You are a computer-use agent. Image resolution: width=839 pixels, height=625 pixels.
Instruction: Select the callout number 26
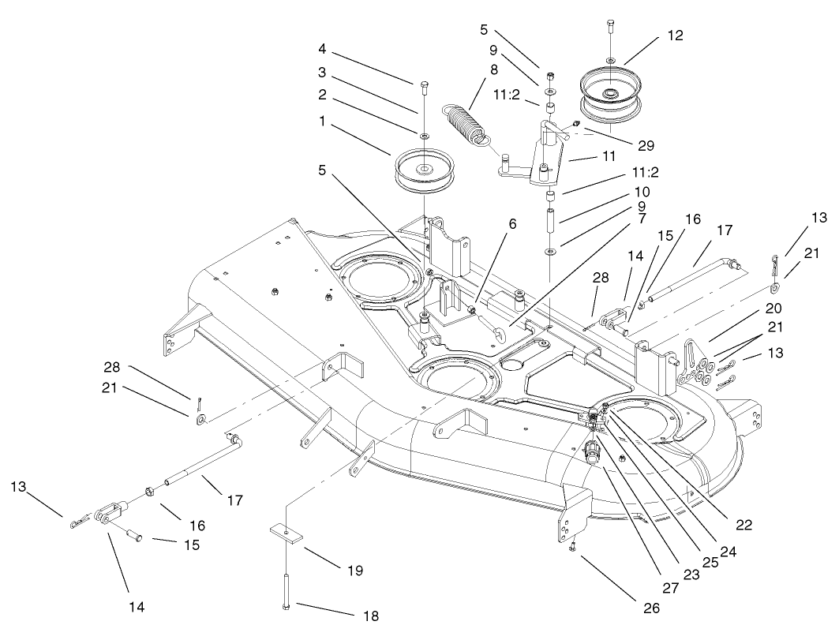(x=650, y=608)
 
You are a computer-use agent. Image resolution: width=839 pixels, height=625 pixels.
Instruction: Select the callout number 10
(x=641, y=192)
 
